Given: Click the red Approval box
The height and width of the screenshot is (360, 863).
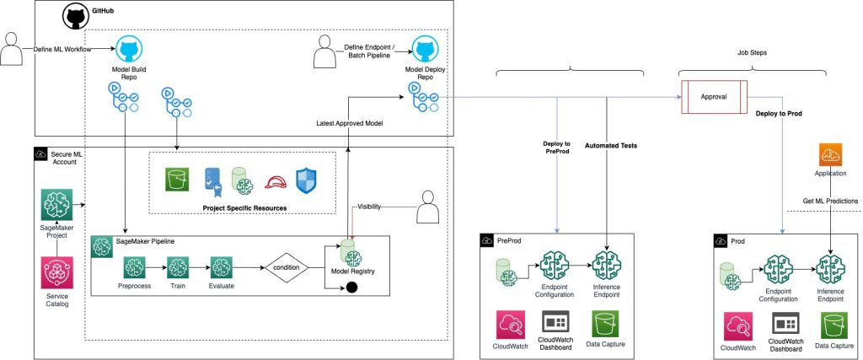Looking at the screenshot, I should [x=713, y=97].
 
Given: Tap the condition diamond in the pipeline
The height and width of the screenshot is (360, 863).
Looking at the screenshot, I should [x=286, y=267].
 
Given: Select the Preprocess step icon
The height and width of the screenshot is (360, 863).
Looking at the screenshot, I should [x=135, y=268].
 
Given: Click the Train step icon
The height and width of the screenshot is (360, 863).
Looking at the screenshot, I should [x=177, y=268].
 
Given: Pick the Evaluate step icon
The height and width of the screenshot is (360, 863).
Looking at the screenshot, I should [x=220, y=268].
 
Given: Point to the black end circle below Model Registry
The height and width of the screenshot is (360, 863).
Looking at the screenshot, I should [x=349, y=287].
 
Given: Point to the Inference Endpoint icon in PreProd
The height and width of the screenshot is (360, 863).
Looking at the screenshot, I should [x=607, y=266].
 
